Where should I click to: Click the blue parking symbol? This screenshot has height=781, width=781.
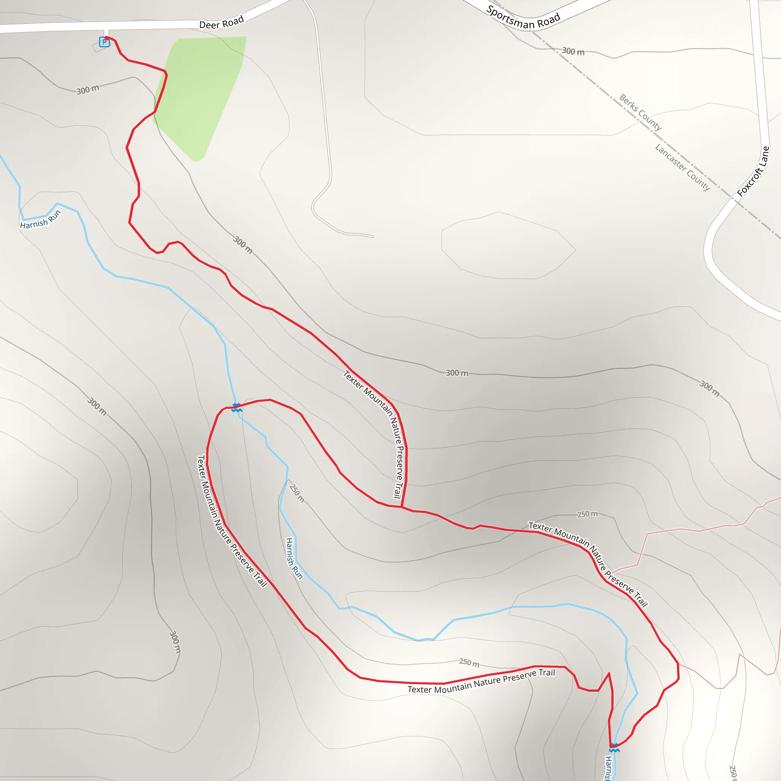104,42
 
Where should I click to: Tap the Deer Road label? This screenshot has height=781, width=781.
222,22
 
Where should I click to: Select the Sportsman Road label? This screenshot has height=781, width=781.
523,18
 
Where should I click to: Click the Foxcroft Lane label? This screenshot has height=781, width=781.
753,171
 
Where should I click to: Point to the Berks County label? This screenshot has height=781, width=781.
640,112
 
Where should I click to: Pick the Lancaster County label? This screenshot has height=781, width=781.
682,167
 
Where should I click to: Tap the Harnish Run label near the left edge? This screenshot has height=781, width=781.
40,220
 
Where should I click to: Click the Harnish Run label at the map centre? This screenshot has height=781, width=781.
294,558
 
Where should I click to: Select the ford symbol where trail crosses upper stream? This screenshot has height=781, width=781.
237,408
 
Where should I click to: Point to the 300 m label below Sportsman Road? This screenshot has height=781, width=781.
573,51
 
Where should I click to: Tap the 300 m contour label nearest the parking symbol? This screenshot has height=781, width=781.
88,89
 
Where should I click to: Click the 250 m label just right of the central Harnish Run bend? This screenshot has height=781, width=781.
297,493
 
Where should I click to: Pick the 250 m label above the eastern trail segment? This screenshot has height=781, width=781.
587,514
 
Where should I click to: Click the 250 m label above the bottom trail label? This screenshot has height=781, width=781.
469,663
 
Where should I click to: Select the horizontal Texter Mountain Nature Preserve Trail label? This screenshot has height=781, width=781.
481,682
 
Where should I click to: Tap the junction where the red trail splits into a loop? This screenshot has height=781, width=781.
402,507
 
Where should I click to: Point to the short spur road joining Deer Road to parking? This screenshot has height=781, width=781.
106,33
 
